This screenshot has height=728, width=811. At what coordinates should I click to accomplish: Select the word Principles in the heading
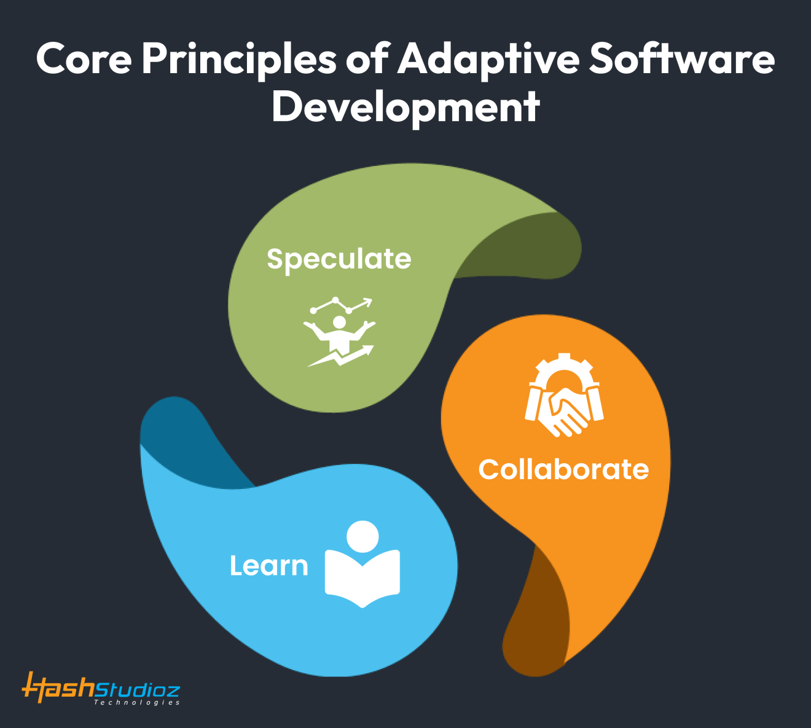pyautogui.click(x=239, y=60)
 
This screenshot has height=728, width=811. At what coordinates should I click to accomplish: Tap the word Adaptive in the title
pyautogui.click(x=488, y=60)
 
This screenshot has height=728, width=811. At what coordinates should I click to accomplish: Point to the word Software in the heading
pyautogui.click(x=682, y=59)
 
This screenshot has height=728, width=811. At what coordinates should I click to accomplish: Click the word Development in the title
pyautogui.click(x=405, y=107)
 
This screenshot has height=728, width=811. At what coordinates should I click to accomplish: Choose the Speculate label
pyautogui.click(x=339, y=259)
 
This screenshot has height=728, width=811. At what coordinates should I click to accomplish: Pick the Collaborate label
pyautogui.click(x=563, y=469)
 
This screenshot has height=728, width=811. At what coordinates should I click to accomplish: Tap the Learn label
pyautogui.click(x=268, y=566)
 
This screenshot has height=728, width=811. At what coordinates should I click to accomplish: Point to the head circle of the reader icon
pyautogui.click(x=362, y=536)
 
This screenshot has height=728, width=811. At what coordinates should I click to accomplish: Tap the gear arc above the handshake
pyautogui.click(x=564, y=367)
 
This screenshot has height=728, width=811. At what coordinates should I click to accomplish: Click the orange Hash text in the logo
pyautogui.click(x=58, y=688)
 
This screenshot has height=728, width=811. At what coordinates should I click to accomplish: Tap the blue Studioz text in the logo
pyautogui.click(x=138, y=689)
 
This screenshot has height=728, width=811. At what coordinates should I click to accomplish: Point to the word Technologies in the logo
pyautogui.click(x=136, y=702)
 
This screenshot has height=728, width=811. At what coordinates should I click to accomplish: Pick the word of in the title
pyautogui.click(x=367, y=59)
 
